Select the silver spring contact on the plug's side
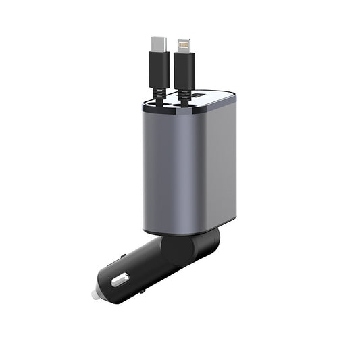(122, 279)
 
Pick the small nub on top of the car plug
(123, 257)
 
